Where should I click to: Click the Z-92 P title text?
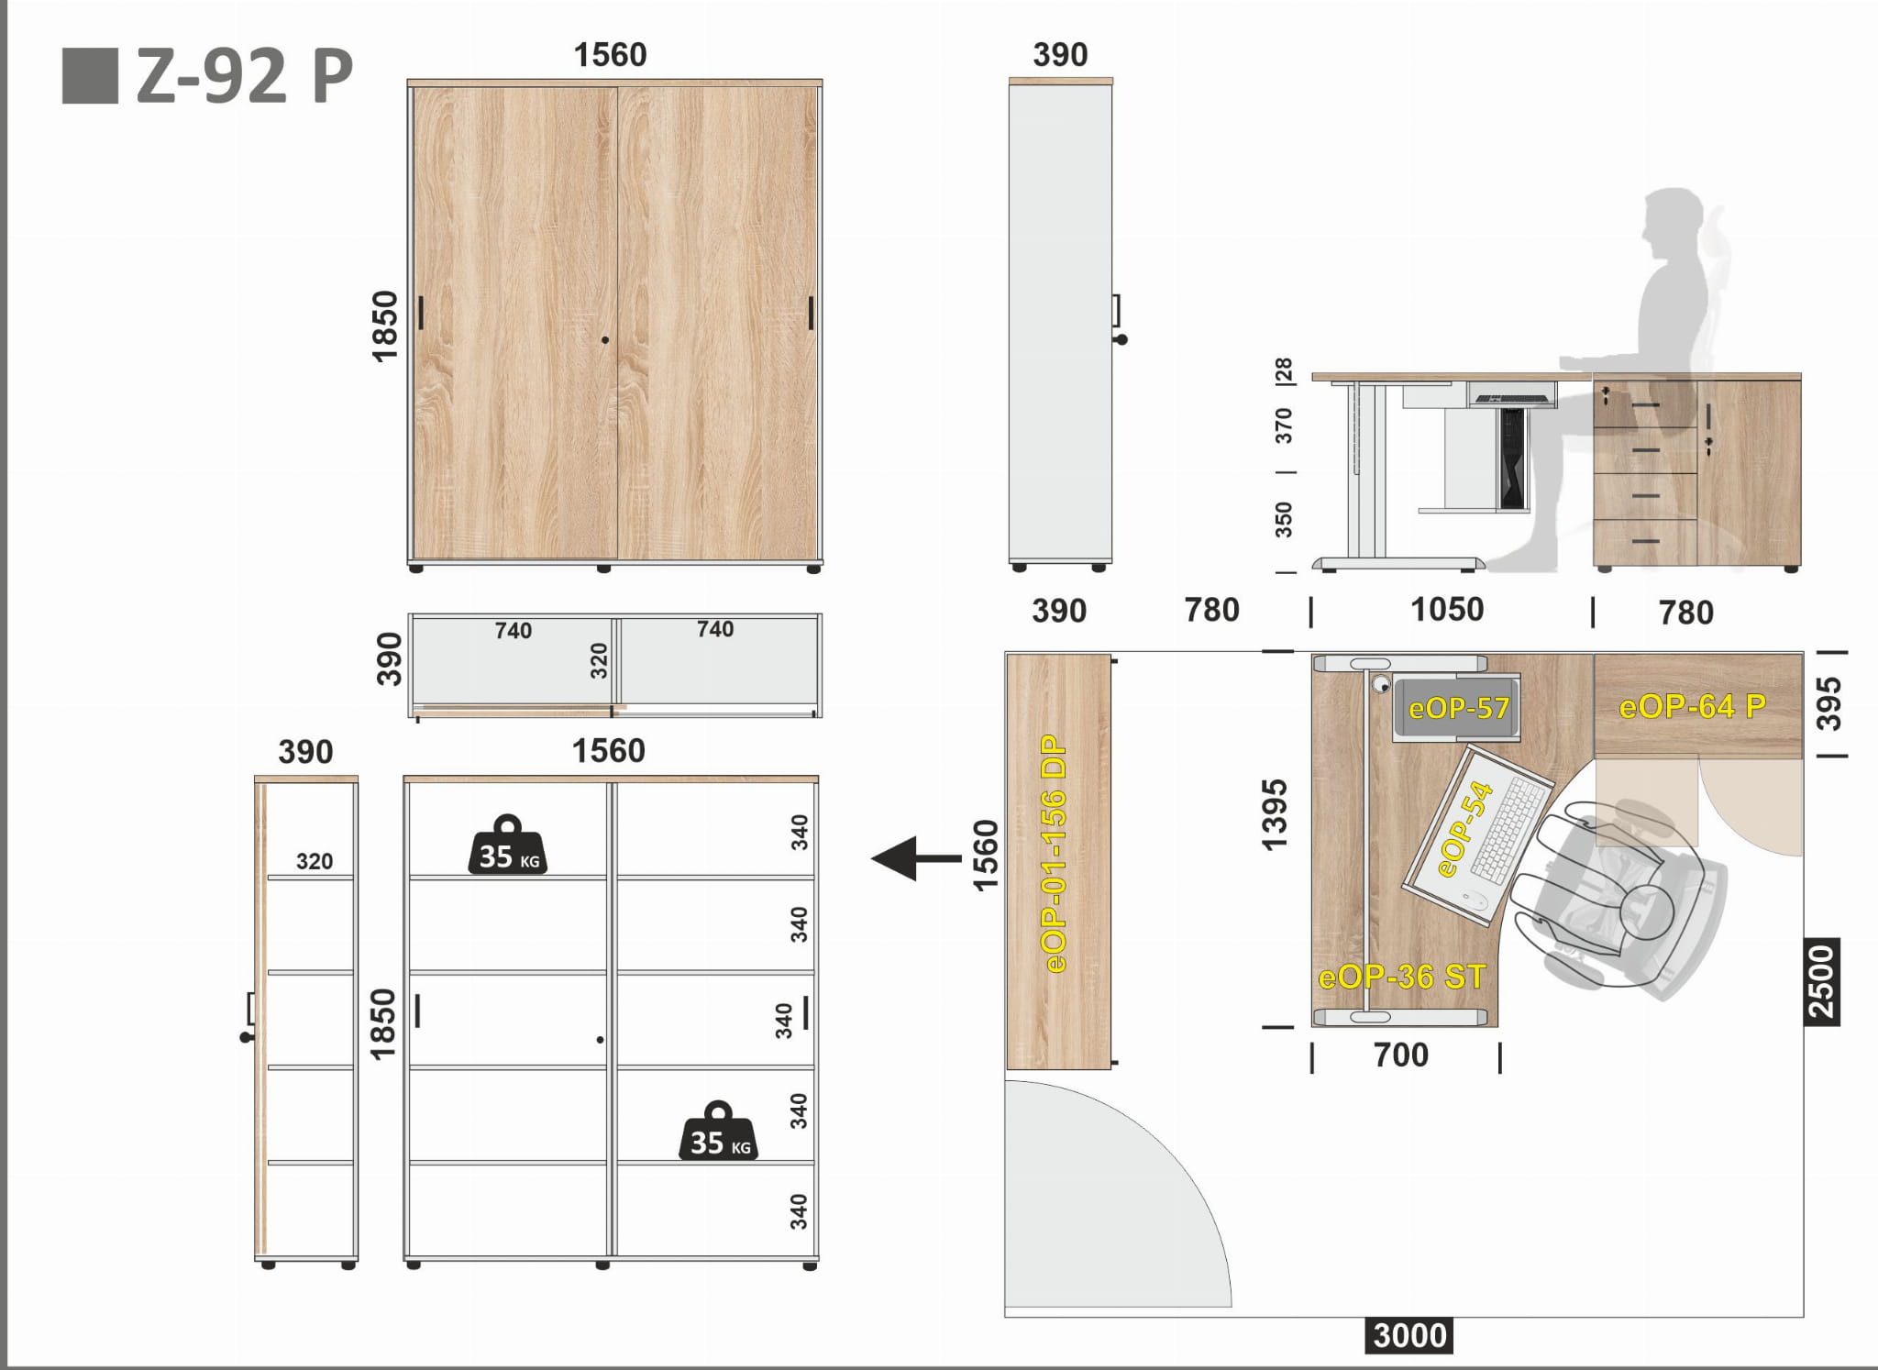pyautogui.click(x=244, y=77)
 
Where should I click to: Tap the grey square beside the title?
pyautogui.click(x=90, y=76)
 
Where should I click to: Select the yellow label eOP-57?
pyautogui.click(x=1458, y=708)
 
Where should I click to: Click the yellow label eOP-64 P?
pyautogui.click(x=1692, y=706)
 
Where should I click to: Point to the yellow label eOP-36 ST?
pyautogui.click(x=1401, y=977)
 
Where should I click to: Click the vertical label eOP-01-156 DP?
pyautogui.click(x=1055, y=853)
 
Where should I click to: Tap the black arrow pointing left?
pyautogui.click(x=916, y=859)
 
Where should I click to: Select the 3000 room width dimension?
pyautogui.click(x=1409, y=1335)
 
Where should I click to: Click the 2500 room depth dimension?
pyautogui.click(x=1822, y=981)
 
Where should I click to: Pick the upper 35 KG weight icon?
pyautogui.click(x=508, y=845)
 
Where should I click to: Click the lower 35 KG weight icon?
pyautogui.click(x=719, y=1131)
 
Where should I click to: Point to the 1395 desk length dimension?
pyautogui.click(x=1275, y=814)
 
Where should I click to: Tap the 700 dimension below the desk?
pyautogui.click(x=1401, y=1055)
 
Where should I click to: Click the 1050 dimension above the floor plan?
pyautogui.click(x=1447, y=610)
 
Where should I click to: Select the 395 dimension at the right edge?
pyautogui.click(x=1828, y=703)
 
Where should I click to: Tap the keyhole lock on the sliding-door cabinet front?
pyautogui.click(x=605, y=340)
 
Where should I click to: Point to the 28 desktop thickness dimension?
pyautogui.click(x=1284, y=370)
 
